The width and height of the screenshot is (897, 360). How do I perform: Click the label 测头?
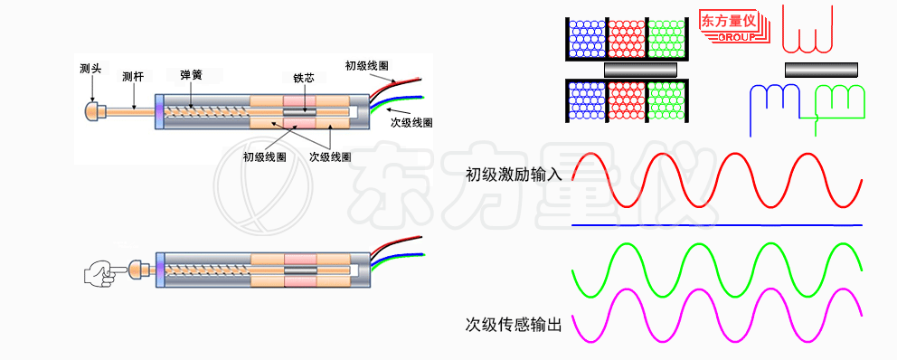pos(90,68)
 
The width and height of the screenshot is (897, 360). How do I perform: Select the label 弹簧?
pos(191,74)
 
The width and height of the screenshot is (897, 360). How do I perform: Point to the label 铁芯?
pos(304,79)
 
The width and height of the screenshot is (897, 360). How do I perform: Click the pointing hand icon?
pos(103,270)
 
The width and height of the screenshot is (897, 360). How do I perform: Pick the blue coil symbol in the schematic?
pos(776,104)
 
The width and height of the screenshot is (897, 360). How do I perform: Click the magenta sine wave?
pos(714,315)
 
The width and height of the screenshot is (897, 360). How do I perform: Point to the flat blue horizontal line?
pos(714,224)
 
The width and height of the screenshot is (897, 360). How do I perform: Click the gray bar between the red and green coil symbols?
pos(821,70)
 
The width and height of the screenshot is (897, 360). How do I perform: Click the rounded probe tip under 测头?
pos(91,111)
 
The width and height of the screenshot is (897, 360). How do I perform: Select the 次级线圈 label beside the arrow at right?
pos(411,119)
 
